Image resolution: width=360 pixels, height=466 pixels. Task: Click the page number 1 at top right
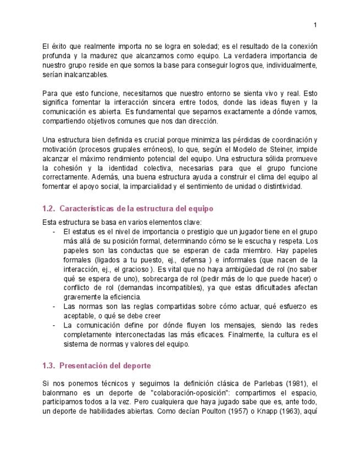tap(315, 25)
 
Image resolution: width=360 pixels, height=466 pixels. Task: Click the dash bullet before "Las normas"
tap(53, 307)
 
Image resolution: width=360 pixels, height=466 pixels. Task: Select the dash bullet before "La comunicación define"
tap(53, 325)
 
